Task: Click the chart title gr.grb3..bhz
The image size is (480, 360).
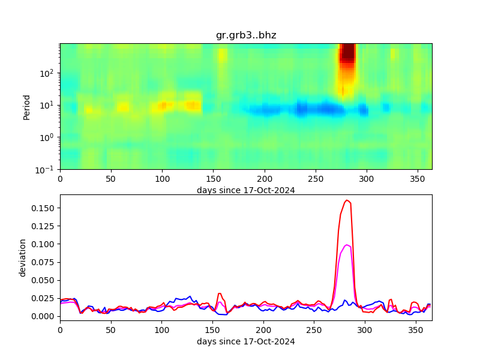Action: (246, 35)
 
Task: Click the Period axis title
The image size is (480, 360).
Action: (26, 106)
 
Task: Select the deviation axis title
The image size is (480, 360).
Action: (23, 257)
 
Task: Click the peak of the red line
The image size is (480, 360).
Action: (347, 200)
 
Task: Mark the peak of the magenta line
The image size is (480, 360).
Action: (347, 245)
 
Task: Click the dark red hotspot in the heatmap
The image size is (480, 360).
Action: (347, 54)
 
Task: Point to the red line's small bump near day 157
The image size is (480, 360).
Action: (220, 293)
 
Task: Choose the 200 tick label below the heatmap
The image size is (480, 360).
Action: (264, 179)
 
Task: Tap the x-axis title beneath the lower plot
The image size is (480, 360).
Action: (246, 341)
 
